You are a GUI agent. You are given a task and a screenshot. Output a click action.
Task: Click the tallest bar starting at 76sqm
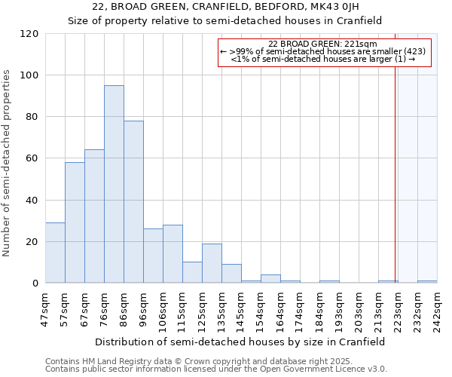pyautogui.click(x=114, y=185)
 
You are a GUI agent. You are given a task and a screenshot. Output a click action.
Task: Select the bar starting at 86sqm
pyautogui.click(x=133, y=202)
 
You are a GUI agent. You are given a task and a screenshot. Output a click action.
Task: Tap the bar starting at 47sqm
pyautogui.click(x=55, y=253)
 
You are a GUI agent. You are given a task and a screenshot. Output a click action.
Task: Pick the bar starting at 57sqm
pyautogui.click(x=75, y=222)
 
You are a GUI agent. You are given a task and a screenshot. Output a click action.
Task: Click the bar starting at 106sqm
pyautogui.click(x=173, y=254)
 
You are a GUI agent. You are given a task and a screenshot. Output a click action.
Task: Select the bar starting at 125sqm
pyautogui.click(x=212, y=263)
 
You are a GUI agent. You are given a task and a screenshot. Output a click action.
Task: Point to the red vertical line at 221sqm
pyautogui.click(x=395, y=188)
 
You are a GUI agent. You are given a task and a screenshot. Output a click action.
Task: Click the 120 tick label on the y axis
pyautogui.click(x=29, y=34)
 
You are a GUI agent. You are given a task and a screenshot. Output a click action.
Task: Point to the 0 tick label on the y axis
pyautogui.click(x=35, y=284)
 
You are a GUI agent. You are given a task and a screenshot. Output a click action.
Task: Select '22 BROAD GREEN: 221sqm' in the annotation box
pyautogui.click(x=324, y=44)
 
